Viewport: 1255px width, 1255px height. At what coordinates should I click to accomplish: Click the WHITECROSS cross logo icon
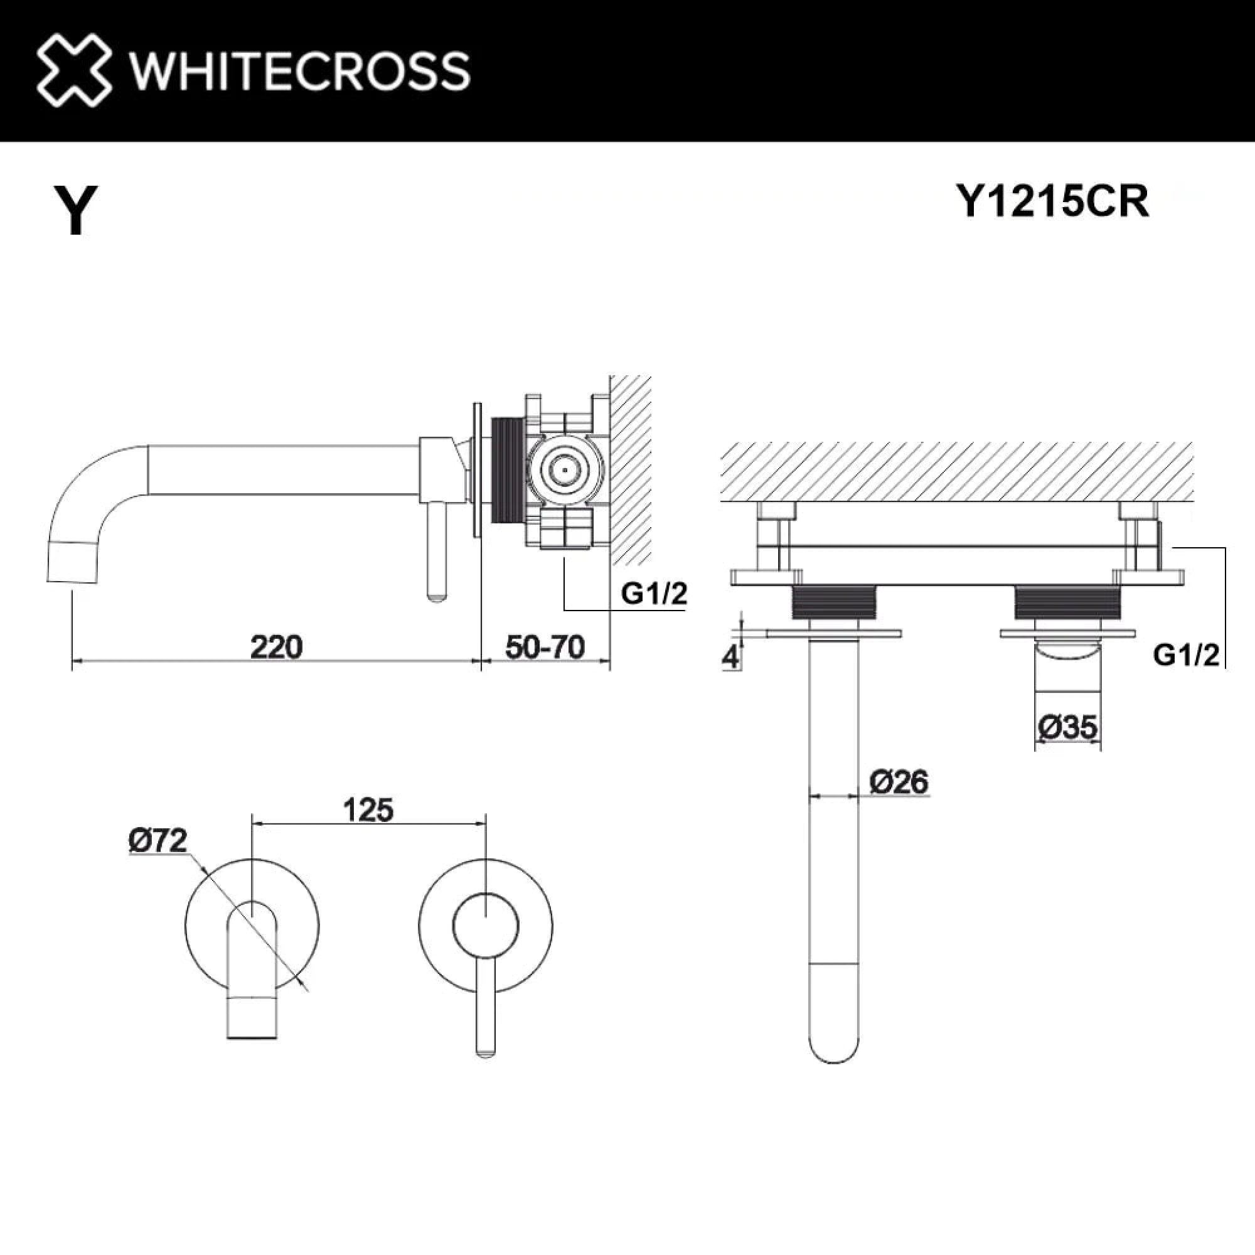tap(73, 70)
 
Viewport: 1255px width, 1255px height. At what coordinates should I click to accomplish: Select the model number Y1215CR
tap(1052, 201)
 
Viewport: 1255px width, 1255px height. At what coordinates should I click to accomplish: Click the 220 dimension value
tap(276, 647)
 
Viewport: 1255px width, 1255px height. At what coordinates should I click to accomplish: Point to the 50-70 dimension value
tap(544, 647)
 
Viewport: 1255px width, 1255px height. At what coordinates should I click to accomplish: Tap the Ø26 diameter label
tap(899, 781)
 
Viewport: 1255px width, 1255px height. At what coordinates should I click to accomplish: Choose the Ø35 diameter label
tap(1067, 727)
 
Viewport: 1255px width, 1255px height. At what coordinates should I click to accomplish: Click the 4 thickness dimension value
tap(731, 657)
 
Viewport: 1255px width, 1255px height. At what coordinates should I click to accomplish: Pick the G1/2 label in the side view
tap(653, 593)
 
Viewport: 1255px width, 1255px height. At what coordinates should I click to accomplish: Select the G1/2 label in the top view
tap(1186, 656)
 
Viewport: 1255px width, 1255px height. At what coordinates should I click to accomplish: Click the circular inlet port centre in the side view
tap(564, 469)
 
